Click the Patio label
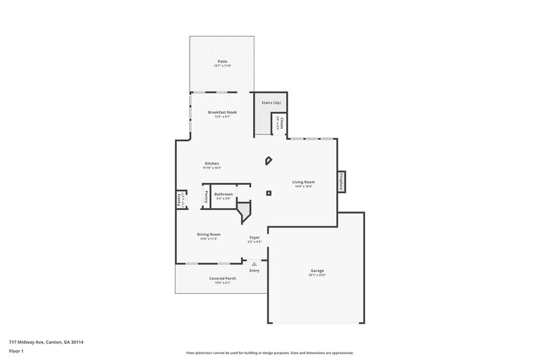221,61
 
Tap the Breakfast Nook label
222,112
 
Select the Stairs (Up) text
271,102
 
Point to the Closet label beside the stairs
281,122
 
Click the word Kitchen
212,163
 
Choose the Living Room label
302,182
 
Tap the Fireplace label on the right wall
342,182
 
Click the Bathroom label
223,194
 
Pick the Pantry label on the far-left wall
179,200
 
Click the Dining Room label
209,234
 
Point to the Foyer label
254,237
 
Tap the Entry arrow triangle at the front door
254,264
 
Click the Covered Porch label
222,278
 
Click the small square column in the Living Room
269,194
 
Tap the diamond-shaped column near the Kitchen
268,161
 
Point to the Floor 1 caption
16,352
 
